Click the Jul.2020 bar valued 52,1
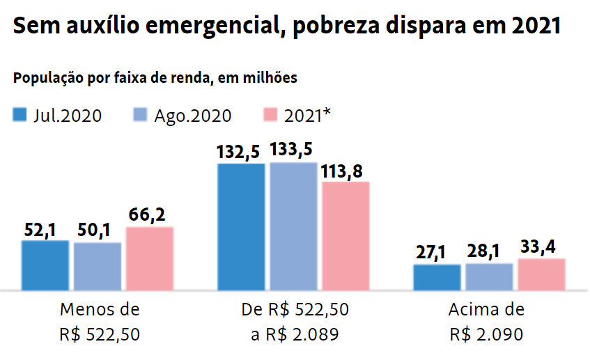(45, 265)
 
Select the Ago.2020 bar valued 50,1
(98, 266)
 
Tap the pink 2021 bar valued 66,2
(150, 258)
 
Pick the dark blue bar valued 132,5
(242, 226)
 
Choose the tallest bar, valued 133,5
(293, 226)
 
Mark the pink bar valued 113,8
(346, 235)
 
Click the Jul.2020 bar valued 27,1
(437, 277)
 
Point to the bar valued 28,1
(489, 276)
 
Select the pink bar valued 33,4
(541, 274)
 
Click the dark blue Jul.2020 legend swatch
(20, 116)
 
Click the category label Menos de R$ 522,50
(100, 322)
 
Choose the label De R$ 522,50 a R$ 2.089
(295, 322)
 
